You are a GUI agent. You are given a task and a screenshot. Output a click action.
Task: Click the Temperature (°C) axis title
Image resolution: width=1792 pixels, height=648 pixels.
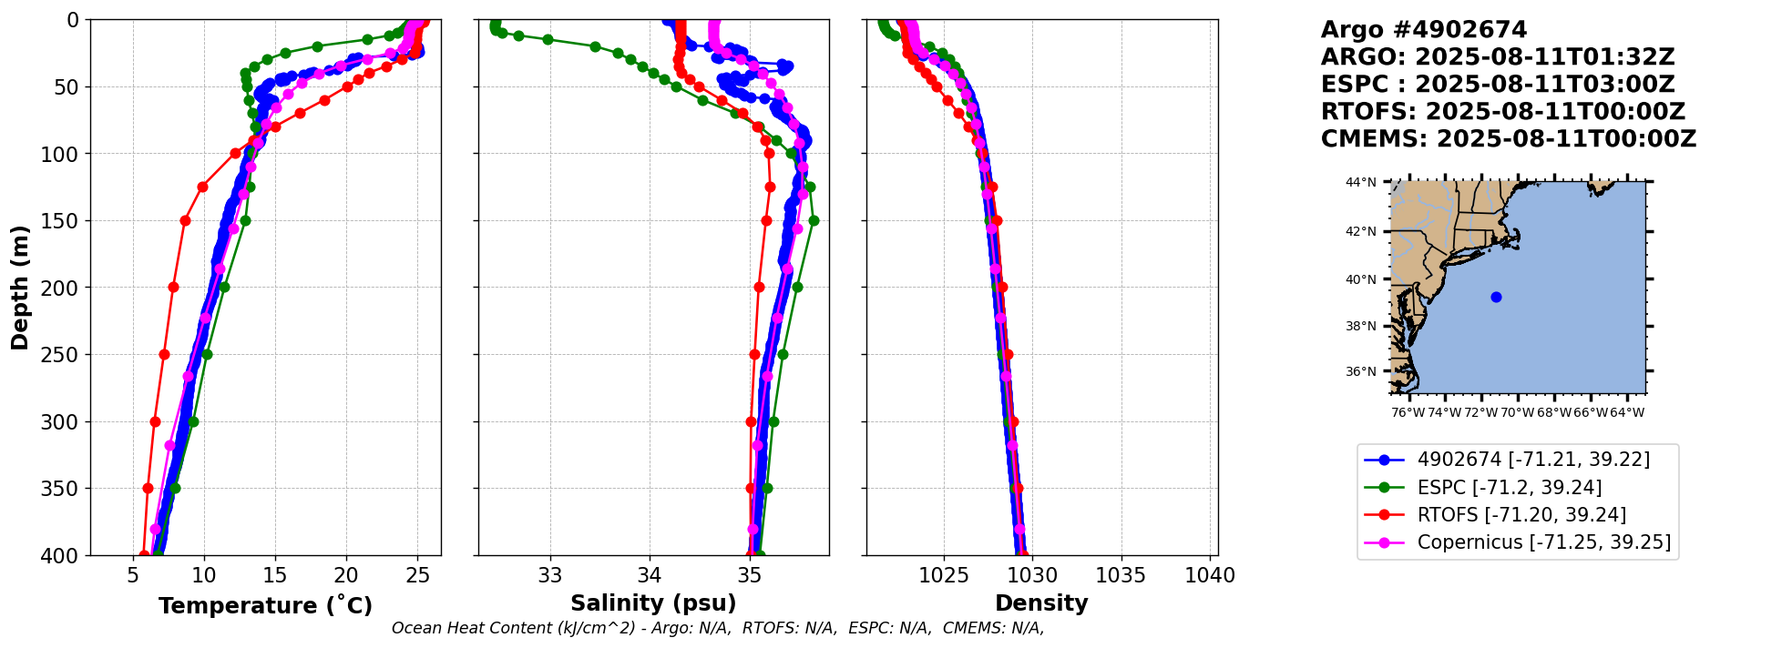click(265, 606)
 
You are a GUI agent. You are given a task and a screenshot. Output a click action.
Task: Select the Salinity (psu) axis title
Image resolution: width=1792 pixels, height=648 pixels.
click(653, 603)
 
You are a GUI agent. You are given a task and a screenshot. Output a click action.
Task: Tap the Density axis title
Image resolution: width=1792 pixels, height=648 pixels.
click(1041, 603)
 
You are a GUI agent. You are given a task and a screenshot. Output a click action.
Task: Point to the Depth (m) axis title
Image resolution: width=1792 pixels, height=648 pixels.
click(20, 287)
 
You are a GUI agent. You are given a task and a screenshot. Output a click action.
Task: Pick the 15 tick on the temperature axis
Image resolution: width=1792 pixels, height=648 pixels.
click(275, 576)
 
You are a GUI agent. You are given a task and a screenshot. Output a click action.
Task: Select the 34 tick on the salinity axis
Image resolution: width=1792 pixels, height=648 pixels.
click(650, 576)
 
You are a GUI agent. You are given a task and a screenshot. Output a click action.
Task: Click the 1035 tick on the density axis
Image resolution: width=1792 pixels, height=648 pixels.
click(1121, 576)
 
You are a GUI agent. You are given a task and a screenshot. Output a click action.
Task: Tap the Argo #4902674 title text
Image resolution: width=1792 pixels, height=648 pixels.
click(1411, 30)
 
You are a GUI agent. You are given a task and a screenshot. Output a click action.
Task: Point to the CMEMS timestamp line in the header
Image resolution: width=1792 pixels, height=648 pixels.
click(1509, 139)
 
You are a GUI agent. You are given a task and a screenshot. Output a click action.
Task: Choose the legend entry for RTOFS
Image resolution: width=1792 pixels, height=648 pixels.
click(1521, 515)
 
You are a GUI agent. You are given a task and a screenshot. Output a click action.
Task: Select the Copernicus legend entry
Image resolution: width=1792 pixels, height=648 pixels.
click(1543, 542)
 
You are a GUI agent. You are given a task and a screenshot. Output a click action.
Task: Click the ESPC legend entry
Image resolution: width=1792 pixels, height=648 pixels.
click(1509, 488)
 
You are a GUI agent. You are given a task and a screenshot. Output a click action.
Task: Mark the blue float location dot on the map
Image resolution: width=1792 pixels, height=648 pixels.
click(1496, 297)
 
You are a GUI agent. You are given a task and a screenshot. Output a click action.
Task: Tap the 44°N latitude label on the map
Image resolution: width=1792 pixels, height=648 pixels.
click(1361, 182)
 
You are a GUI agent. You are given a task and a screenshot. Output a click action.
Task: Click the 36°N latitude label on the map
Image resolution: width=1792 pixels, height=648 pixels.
click(1361, 371)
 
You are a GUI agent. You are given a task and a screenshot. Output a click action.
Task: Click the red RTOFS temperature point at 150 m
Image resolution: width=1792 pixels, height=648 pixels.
click(185, 220)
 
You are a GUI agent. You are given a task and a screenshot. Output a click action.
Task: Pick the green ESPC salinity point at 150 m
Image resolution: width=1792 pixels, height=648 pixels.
click(814, 220)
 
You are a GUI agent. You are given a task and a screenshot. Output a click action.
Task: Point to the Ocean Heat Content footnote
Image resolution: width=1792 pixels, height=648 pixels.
click(718, 628)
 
